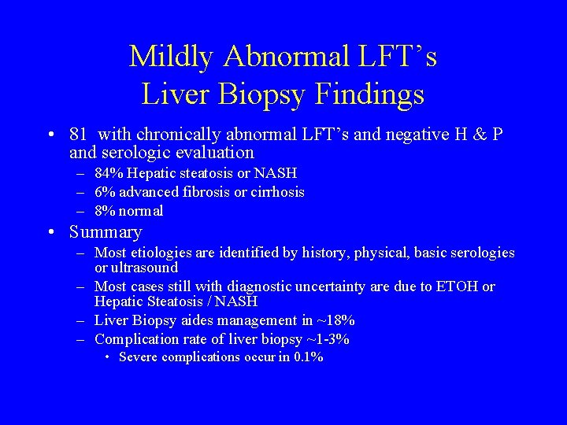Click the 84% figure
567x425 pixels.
pos(107,173)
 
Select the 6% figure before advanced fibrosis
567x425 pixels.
pos(103,192)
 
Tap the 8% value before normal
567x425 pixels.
pos(103,211)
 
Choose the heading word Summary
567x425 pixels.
pos(106,232)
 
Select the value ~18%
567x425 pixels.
pos(337,321)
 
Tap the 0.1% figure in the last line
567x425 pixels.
pos(308,357)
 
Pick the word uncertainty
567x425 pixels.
pos(316,287)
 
